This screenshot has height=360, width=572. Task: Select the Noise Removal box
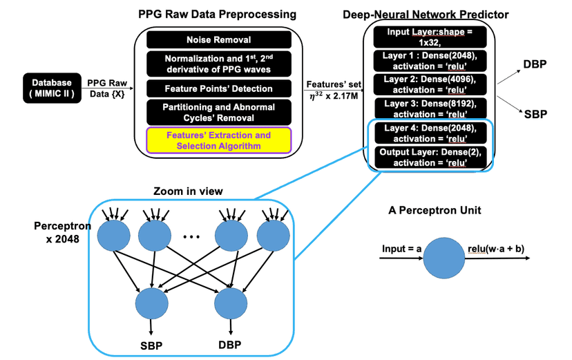click(x=218, y=40)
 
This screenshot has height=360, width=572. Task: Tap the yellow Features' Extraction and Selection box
click(x=218, y=140)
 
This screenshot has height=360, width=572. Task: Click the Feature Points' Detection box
click(x=218, y=88)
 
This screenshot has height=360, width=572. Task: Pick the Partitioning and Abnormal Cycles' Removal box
click(x=218, y=113)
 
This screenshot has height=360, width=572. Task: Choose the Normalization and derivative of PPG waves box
click(x=218, y=64)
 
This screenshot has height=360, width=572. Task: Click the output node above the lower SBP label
click(x=151, y=302)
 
